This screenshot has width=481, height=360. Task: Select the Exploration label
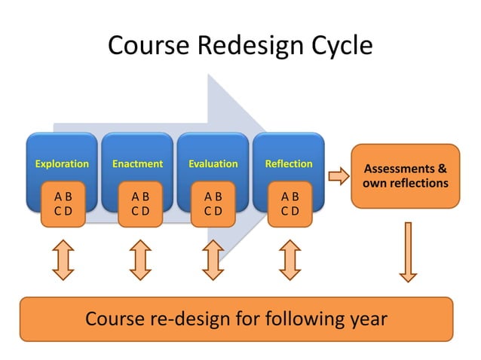point(62,163)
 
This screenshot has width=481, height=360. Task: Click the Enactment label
point(137,163)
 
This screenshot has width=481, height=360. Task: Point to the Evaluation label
point(213,163)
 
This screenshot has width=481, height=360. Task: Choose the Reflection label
point(289,163)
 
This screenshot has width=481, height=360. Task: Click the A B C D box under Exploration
point(63,203)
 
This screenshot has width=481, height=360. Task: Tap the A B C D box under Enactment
point(140,203)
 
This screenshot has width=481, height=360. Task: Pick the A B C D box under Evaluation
point(213,203)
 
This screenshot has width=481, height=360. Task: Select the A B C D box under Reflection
point(290,203)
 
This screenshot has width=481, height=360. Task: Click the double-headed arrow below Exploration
point(63,259)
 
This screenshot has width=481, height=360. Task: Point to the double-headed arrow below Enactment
point(140,259)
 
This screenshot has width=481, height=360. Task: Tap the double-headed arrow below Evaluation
point(214,259)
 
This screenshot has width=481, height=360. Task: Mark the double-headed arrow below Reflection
point(290,259)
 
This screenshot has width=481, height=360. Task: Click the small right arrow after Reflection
point(339,176)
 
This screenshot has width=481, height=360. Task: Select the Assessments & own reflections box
point(406,176)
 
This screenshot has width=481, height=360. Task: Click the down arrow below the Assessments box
point(408,252)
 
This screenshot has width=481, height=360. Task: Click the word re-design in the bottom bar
point(188,319)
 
